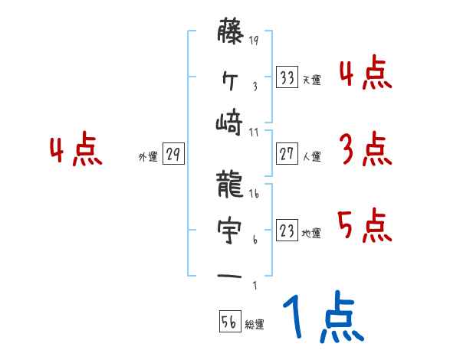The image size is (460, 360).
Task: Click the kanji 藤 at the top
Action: click(x=228, y=34)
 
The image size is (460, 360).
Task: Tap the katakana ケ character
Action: click(x=228, y=79)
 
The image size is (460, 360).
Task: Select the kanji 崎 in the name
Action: click(x=228, y=122)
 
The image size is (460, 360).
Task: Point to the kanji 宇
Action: click(x=228, y=227)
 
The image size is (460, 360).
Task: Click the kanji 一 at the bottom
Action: click(x=228, y=274)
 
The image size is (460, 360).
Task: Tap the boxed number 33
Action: click(x=287, y=78)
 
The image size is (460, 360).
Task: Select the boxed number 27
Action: click(x=287, y=155)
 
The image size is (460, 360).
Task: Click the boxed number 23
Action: click(x=287, y=231)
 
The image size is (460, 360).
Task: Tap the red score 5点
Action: click(x=364, y=226)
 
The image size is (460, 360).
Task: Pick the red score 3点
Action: click(x=364, y=149)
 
